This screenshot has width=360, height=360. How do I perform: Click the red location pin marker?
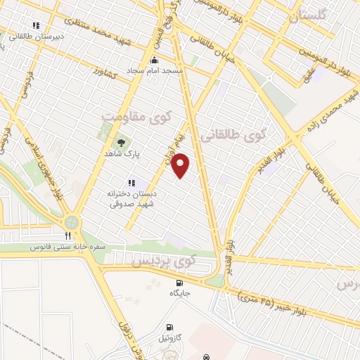pyautogui.click(x=181, y=165)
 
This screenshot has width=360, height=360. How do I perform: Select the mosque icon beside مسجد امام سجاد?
pyautogui.click(x=155, y=60)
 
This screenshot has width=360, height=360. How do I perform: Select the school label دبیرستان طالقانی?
pyautogui.click(x=41, y=35)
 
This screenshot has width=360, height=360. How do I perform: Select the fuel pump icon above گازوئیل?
pyautogui.click(x=170, y=328)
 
